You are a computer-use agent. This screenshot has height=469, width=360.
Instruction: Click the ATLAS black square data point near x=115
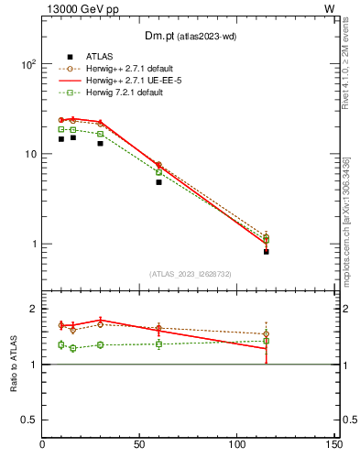click(x=266, y=251)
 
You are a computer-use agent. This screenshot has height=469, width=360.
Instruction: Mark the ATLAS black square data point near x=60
click(x=158, y=182)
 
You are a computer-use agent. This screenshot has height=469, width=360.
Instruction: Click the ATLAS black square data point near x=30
click(x=100, y=143)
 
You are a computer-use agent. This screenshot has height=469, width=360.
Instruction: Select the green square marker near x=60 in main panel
click(x=158, y=172)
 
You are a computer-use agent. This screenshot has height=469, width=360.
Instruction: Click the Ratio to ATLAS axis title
click(x=14, y=364)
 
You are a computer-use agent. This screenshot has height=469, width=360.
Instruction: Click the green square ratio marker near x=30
click(x=100, y=344)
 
